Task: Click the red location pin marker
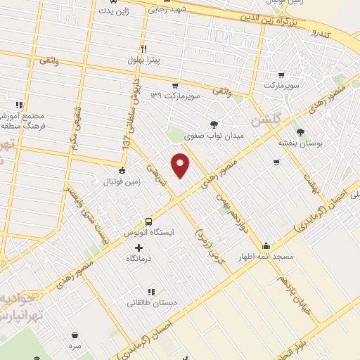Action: [181, 165]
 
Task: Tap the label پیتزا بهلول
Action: [145, 61]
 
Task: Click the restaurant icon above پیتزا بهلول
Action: [145, 49]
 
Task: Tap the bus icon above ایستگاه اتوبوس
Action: [148, 219]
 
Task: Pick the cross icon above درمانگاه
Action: [138, 247]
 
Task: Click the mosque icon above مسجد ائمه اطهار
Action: [266, 246]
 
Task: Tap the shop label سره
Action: [75, 346]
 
